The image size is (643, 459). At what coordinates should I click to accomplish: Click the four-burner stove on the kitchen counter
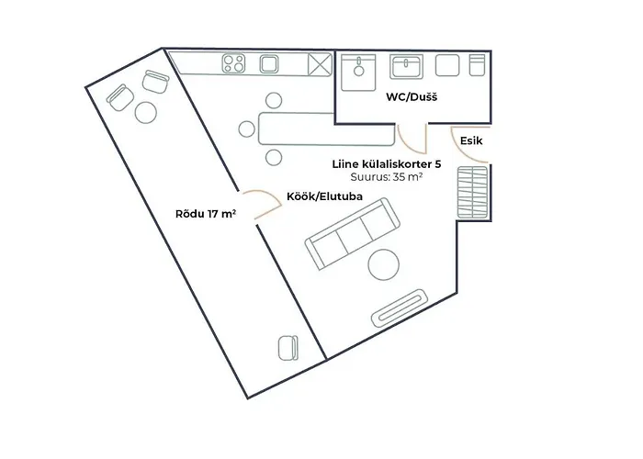233,64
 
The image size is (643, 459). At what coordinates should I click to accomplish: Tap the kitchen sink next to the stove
269,64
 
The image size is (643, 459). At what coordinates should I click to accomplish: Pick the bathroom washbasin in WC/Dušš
406,66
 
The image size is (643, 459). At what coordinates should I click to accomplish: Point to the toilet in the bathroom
477,66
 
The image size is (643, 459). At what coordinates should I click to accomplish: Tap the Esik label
470,142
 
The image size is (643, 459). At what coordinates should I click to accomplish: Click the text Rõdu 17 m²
206,215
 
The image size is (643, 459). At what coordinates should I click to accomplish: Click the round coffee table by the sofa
384,266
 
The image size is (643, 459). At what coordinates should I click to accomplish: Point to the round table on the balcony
146,112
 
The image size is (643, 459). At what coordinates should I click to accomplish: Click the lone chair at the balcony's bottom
288,348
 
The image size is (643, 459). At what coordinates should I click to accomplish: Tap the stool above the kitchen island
273,100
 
